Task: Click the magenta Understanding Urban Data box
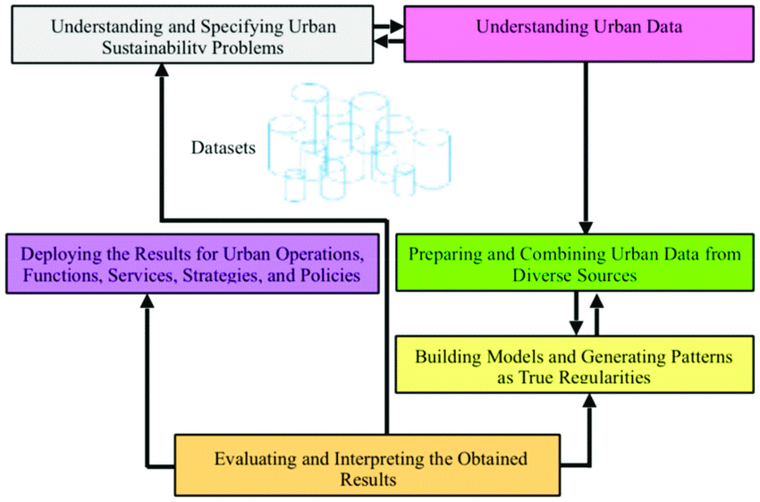[x=578, y=34]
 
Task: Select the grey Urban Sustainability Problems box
[x=192, y=34]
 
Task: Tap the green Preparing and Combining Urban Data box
[x=575, y=262]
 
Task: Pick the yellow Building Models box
[x=574, y=364]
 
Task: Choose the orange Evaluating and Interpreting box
[x=367, y=465]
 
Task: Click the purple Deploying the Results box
[x=192, y=263]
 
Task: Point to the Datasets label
[x=223, y=148]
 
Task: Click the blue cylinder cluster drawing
[x=359, y=142]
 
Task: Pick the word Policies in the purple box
[x=330, y=275]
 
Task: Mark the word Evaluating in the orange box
[x=256, y=459]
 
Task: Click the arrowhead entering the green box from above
[x=586, y=228]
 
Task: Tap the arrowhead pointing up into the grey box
[x=162, y=70]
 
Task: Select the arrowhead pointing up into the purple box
[x=147, y=301]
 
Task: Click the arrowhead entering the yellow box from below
[x=589, y=400]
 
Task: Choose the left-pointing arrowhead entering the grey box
[x=381, y=41]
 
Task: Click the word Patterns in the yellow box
[x=701, y=356]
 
